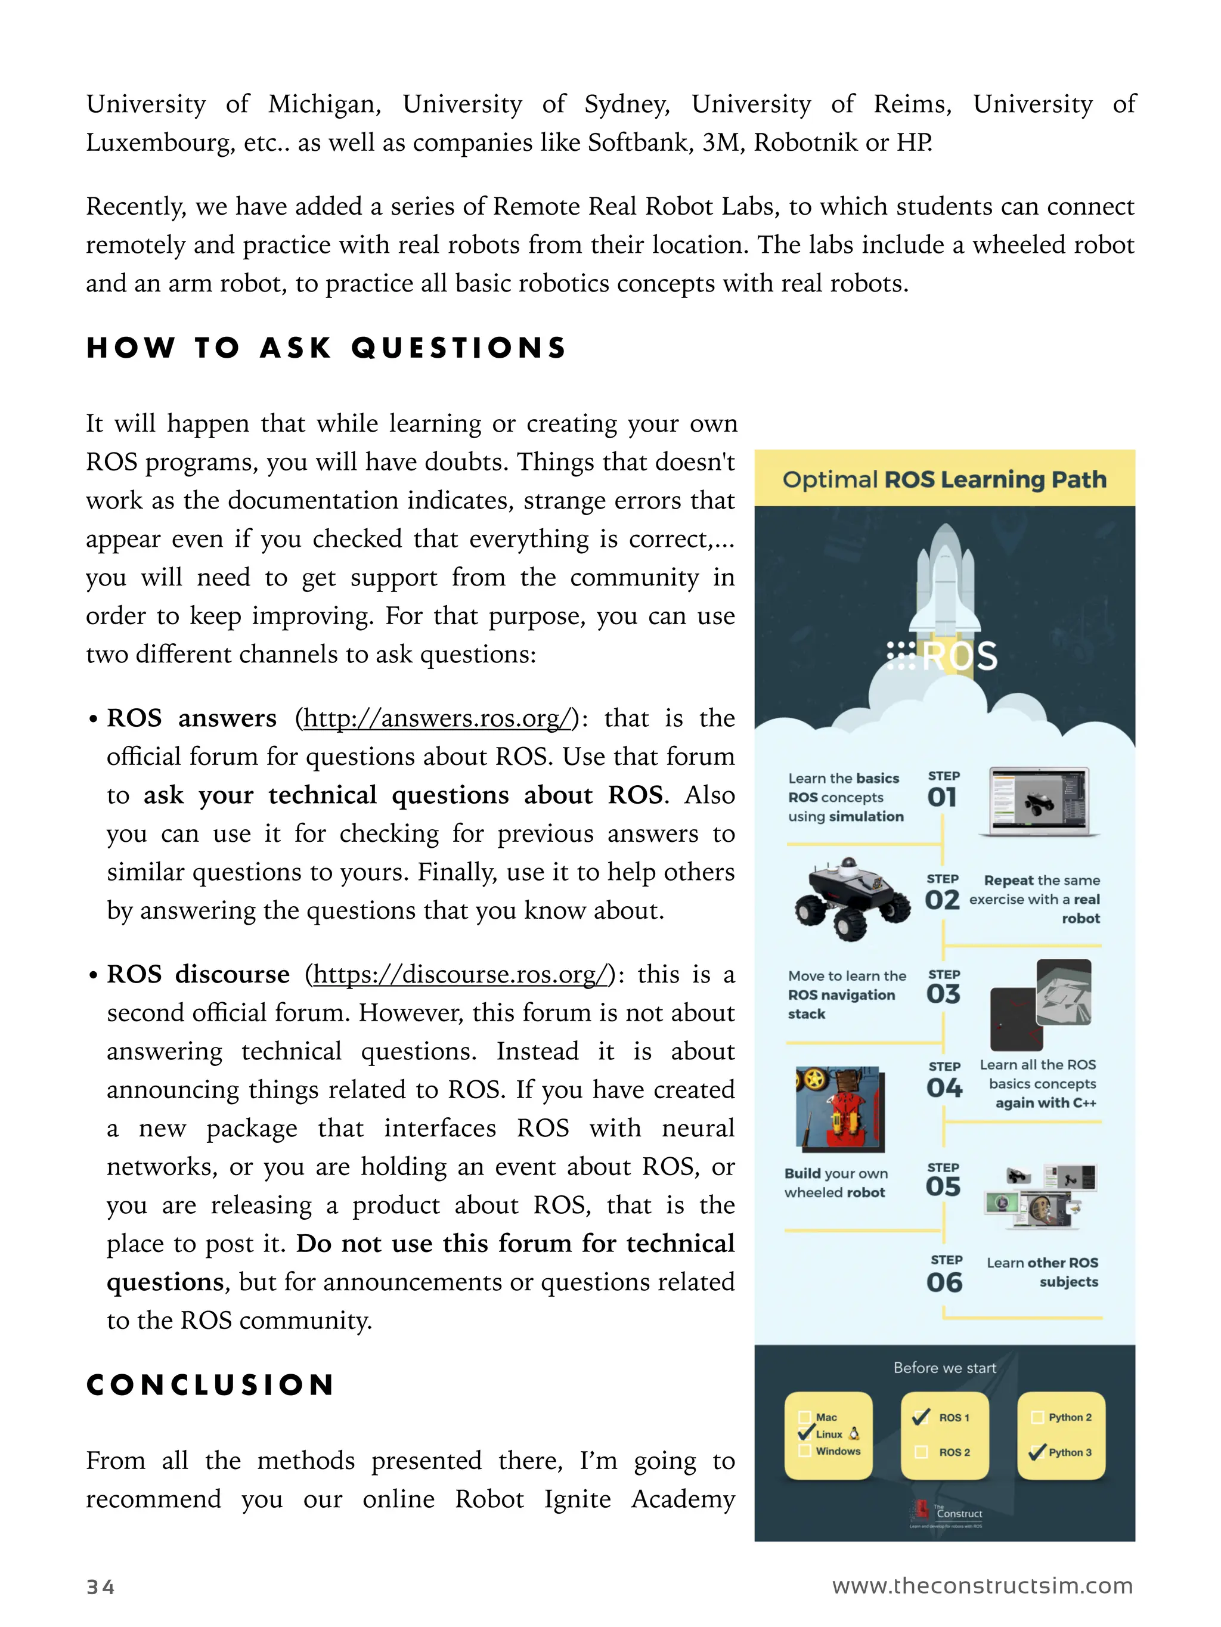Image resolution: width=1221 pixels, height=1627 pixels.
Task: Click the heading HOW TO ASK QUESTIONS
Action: pos(327,348)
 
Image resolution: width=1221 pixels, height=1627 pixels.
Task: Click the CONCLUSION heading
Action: pos(210,1385)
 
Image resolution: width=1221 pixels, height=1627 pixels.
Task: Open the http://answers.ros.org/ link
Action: pos(437,718)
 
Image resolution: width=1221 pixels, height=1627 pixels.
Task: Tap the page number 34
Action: pos(101,1586)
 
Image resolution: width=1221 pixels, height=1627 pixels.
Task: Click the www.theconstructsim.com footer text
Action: pos(982,1585)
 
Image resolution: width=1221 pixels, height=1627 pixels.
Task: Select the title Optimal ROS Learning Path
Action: pos(944,479)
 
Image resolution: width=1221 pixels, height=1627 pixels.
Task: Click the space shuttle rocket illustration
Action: pos(945,581)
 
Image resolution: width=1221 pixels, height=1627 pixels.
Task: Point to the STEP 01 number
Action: pos(942,797)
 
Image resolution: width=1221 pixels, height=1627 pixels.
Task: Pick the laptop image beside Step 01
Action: pos(1039,802)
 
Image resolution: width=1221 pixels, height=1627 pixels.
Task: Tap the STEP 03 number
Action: pos(943,994)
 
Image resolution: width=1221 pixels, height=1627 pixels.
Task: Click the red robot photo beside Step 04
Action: pos(840,1108)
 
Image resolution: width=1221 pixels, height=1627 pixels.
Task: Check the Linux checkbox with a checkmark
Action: pos(805,1433)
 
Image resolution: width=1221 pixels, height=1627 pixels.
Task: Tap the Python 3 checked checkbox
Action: pos(1037,1452)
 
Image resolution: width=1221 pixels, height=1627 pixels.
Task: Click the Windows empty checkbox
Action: pos(805,1451)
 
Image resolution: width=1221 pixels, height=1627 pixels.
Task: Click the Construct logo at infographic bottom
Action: pos(947,1514)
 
